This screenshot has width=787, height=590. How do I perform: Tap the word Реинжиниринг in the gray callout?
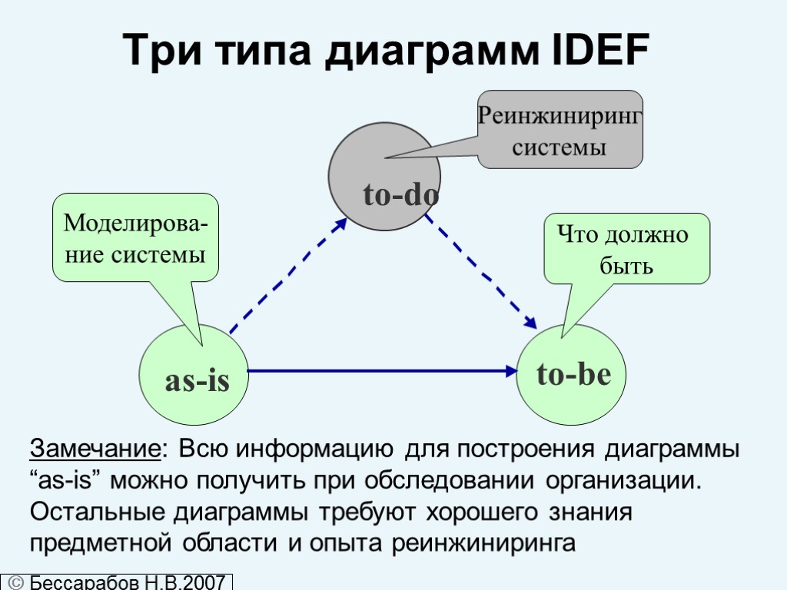click(560, 116)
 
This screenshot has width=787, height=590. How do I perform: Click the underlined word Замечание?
click(95, 449)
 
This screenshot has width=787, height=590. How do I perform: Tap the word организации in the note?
click(623, 481)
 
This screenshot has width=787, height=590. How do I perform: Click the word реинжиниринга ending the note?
click(483, 543)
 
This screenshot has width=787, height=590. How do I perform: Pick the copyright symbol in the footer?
click(15, 582)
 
